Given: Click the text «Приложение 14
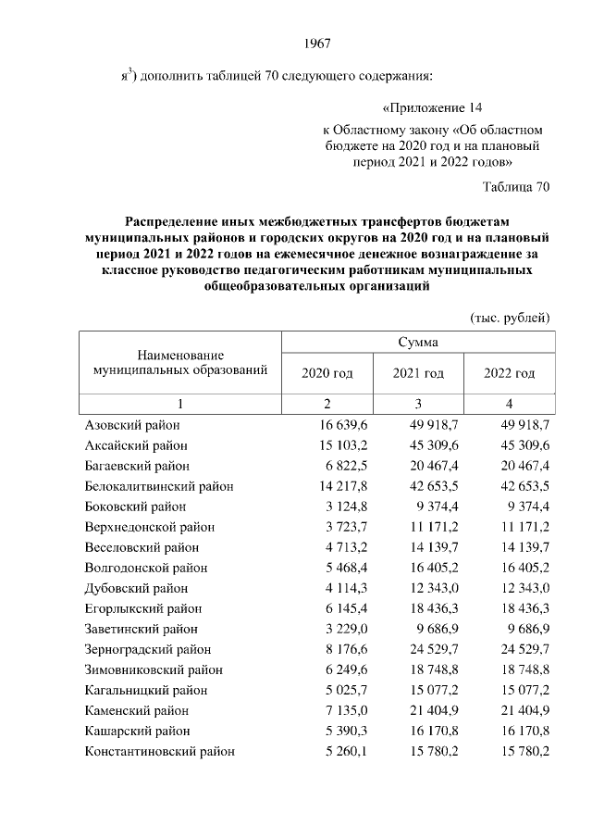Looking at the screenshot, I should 433,108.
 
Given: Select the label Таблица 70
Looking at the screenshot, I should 516,187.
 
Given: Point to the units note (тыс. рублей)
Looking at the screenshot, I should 511,318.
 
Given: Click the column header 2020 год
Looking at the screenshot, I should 327,373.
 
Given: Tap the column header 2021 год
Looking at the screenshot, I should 418,373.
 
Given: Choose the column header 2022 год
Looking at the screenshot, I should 510,373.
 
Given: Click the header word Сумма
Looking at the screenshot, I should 417,342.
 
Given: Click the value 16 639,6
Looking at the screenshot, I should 344,424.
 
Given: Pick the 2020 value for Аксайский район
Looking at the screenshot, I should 344,444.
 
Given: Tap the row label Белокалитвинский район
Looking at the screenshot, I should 159,485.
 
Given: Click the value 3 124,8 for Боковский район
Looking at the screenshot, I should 348,506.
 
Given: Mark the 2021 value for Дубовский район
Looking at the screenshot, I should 436,588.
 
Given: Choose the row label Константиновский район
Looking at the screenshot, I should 159,751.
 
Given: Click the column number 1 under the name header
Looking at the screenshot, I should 180,404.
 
